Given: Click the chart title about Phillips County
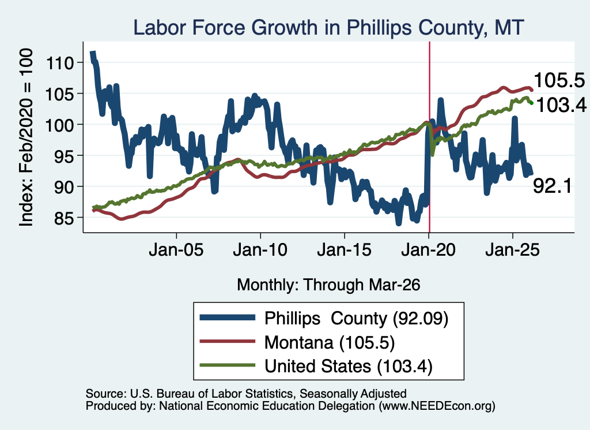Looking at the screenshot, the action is [328, 28].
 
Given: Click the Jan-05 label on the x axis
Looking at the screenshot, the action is [176, 250].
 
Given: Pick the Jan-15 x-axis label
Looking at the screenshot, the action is [345, 250].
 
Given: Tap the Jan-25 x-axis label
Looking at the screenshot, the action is [512, 250].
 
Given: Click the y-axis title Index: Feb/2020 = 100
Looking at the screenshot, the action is [26, 137].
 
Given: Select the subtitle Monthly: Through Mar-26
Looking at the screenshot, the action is [328, 285].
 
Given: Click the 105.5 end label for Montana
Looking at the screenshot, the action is [559, 81].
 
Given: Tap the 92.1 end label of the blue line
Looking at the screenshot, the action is [553, 186].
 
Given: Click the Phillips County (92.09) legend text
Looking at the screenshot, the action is [356, 319].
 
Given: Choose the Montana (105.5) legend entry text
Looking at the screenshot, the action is [330, 343].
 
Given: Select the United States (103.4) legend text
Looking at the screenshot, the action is [349, 367].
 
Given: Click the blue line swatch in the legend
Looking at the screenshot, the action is [228, 317].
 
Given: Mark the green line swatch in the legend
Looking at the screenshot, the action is [228, 365].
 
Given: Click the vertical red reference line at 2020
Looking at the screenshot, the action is [429, 137].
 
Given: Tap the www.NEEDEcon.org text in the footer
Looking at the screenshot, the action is [437, 406].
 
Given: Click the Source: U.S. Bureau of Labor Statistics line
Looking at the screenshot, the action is [246, 394].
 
